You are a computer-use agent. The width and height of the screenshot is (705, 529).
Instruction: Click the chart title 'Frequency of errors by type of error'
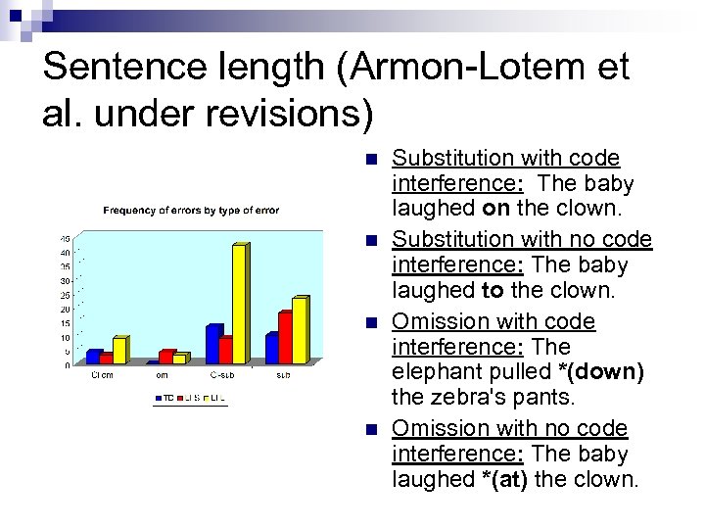191,211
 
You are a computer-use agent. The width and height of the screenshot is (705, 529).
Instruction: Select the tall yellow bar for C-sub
238,304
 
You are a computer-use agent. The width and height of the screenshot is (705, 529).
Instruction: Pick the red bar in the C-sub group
225,351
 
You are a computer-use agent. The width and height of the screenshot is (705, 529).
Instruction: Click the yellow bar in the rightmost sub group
299,331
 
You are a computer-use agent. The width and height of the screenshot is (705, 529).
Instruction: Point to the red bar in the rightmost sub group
284,338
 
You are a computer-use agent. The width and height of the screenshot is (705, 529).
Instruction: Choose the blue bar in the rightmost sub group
271,349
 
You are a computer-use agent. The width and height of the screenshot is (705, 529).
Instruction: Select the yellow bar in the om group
179,360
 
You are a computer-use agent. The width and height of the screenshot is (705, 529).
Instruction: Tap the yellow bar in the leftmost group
118,351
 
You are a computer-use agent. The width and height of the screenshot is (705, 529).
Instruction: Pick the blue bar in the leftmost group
93,358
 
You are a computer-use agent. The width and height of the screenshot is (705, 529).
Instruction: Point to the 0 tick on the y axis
67,365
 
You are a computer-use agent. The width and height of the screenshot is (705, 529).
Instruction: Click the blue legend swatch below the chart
158,398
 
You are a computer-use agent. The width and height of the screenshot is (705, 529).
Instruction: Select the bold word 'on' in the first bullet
495,210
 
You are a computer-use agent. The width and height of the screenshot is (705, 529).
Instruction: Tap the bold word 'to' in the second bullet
493,291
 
